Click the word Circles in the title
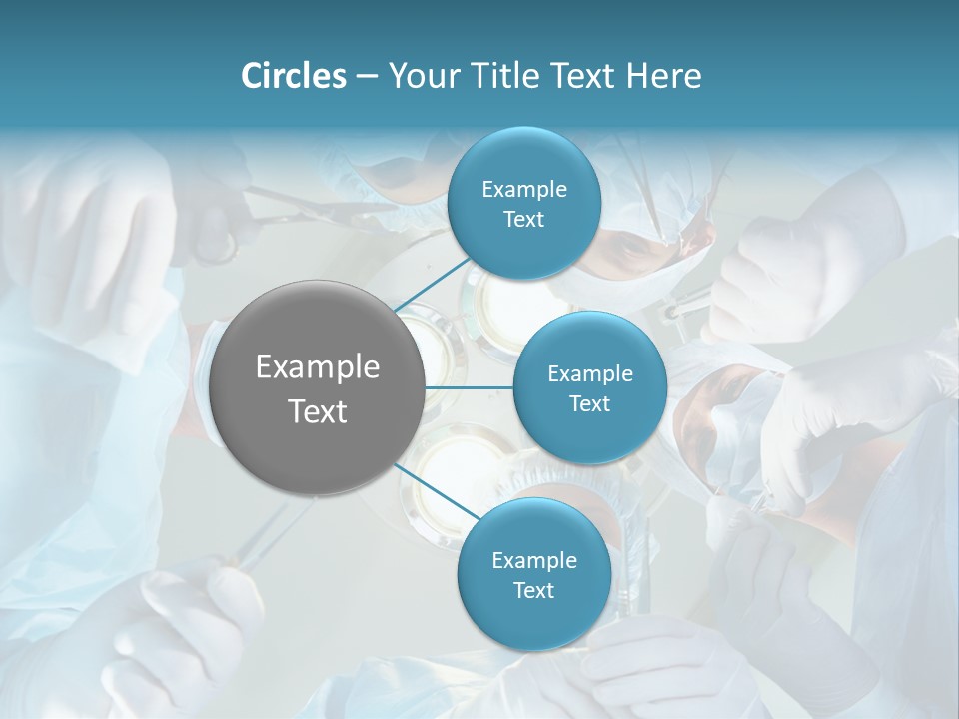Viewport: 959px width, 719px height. pos(294,76)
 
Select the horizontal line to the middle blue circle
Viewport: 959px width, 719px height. pos(470,387)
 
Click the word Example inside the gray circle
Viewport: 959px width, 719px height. pos(317,367)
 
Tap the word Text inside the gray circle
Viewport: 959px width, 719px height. pos(317,411)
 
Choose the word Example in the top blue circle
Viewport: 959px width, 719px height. pos(523,190)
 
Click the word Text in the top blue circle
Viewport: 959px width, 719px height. pos(523,220)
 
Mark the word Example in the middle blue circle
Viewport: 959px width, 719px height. pos(589,374)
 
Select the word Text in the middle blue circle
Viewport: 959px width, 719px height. pos(589,404)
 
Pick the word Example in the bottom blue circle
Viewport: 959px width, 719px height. pos(533,561)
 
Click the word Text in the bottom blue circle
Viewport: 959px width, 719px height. pos(533,591)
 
